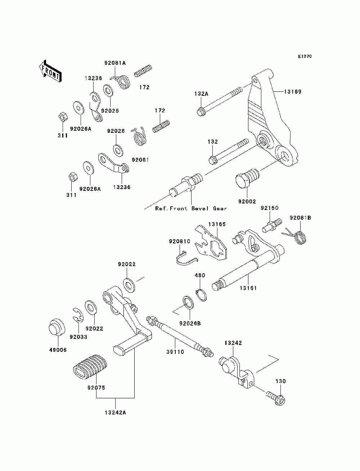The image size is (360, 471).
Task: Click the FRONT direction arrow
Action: click(50, 71)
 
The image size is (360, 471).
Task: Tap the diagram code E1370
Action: click(305, 57)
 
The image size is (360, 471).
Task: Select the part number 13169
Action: click(293, 91)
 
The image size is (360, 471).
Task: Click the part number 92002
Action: click(247, 202)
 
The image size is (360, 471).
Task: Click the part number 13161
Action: click(248, 288)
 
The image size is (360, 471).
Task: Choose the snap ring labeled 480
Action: click(201, 295)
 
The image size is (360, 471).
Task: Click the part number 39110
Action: click(175, 352)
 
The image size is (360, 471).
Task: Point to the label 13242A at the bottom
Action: click(115, 419)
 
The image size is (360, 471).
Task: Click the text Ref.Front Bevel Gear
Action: click(191, 208)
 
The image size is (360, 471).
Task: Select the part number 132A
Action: click(201, 94)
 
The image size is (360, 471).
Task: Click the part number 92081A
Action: click(115, 63)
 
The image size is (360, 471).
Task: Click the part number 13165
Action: click(217, 224)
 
